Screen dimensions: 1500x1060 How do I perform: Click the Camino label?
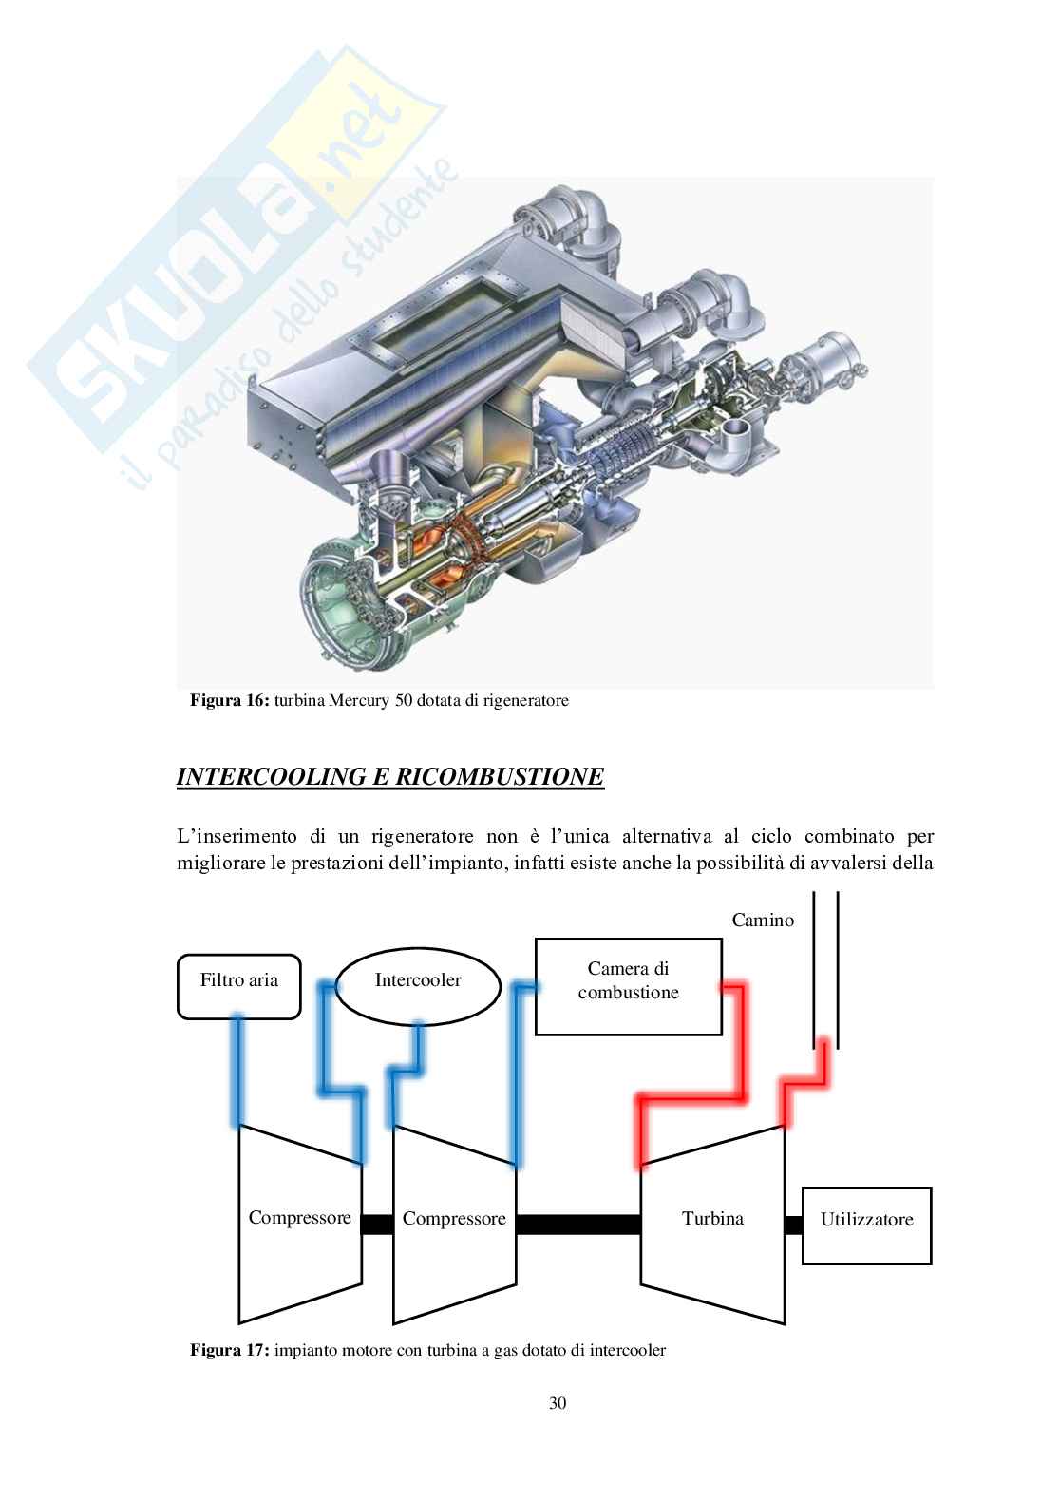click(x=763, y=920)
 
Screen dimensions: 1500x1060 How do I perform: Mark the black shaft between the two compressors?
click(x=377, y=1225)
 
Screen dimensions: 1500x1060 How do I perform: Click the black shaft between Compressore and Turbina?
click(x=578, y=1225)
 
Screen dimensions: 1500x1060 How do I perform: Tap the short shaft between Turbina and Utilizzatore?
click(x=793, y=1225)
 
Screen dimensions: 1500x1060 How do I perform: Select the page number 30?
click(x=558, y=1403)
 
